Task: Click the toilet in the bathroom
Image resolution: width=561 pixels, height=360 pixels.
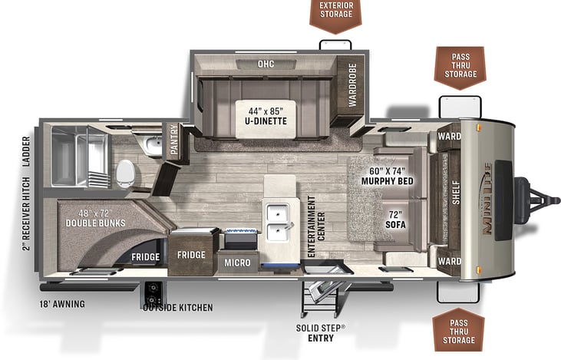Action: coord(125,173)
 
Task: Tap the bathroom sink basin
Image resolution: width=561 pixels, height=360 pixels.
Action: coord(153,146)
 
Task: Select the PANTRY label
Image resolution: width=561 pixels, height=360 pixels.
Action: coord(174,140)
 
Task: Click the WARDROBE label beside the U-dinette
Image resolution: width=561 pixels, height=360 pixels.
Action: coord(352,85)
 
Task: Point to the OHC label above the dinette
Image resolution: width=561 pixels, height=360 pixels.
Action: coord(266,64)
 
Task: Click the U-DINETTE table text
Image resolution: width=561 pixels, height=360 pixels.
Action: coord(266,121)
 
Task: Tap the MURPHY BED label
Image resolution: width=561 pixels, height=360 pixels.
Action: coord(387,181)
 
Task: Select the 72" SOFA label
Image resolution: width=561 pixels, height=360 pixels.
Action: coord(395,220)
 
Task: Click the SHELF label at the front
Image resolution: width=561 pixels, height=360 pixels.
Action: coord(456,193)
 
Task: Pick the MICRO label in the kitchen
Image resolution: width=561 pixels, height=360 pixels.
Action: coord(237,263)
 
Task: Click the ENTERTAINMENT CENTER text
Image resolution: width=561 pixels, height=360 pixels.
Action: coord(316,226)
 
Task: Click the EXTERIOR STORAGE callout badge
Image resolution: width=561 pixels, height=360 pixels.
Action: coord(335,15)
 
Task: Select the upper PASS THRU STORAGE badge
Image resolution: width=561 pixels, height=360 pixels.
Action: coord(460,68)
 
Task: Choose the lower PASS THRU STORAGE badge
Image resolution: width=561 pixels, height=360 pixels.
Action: coord(459,330)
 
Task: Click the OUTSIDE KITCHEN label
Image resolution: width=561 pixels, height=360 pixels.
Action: coord(178,307)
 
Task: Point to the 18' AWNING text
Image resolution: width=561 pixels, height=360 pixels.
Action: coord(62,304)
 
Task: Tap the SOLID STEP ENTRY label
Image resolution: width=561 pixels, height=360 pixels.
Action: coord(321,333)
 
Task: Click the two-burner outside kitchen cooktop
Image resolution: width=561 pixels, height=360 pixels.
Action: coord(153,294)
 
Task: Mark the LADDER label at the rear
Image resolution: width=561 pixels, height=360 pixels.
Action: coord(26,152)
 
